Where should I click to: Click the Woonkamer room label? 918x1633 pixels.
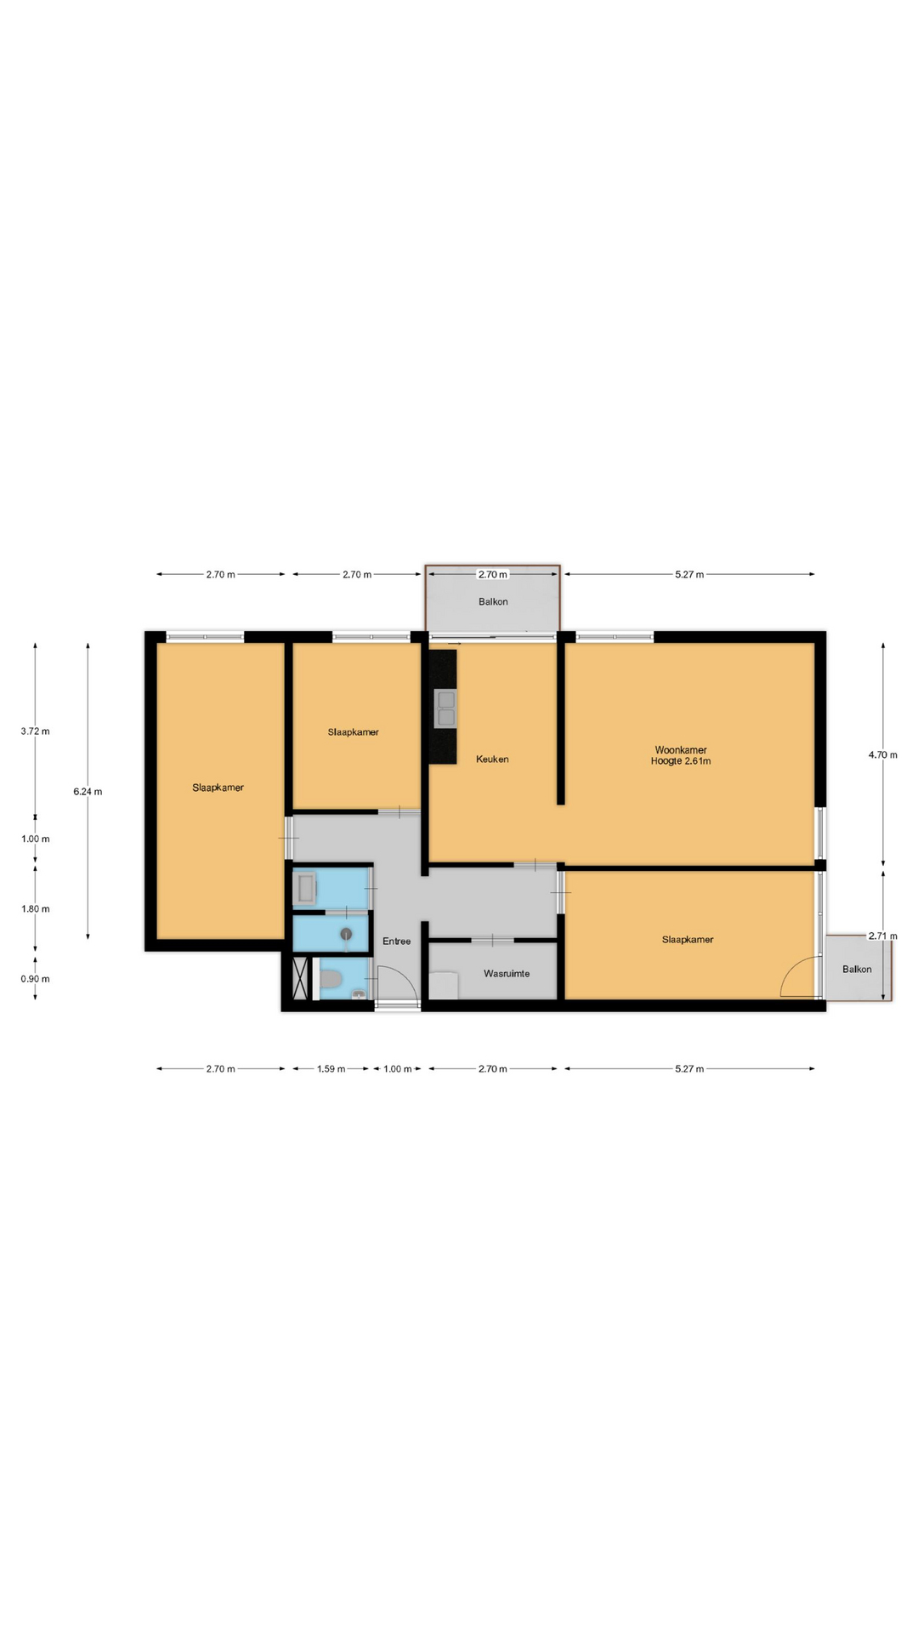pyautogui.click(x=681, y=750)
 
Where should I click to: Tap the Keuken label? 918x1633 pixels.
pyautogui.click(x=492, y=759)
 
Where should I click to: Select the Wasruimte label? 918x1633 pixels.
pyautogui.click(x=507, y=973)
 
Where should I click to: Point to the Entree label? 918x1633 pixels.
pyautogui.click(x=396, y=941)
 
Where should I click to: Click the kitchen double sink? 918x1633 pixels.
pyautogui.click(x=445, y=709)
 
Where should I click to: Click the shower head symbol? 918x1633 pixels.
pyautogui.click(x=346, y=934)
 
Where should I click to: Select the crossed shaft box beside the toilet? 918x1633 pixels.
pyautogui.click(x=300, y=978)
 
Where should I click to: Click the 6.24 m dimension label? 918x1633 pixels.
pyautogui.click(x=88, y=791)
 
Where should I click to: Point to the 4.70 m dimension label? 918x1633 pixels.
pyautogui.click(x=882, y=754)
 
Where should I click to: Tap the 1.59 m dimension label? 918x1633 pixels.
pyautogui.click(x=331, y=1068)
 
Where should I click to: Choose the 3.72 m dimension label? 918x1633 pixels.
pyautogui.click(x=35, y=731)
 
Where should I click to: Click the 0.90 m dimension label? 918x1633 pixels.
pyautogui.click(x=35, y=978)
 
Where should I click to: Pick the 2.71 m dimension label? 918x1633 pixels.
pyautogui.click(x=882, y=936)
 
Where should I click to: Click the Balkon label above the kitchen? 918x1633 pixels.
pyautogui.click(x=493, y=601)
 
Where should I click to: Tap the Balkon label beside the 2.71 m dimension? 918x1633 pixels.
pyautogui.click(x=857, y=969)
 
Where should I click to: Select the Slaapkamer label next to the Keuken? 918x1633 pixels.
pyautogui.click(x=353, y=731)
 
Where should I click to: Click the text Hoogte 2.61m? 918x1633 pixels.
pyautogui.click(x=681, y=761)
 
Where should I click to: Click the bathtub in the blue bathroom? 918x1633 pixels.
pyautogui.click(x=304, y=888)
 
